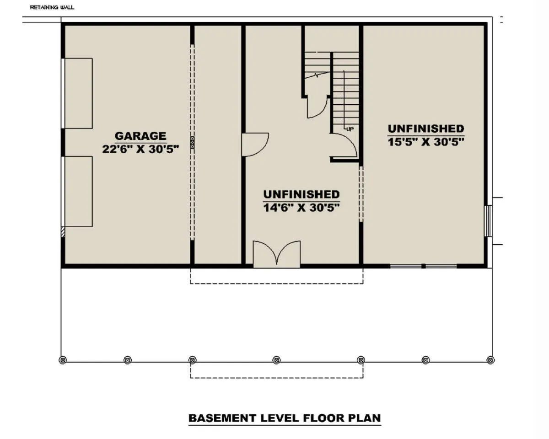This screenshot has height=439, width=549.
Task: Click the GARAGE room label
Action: click(140, 136)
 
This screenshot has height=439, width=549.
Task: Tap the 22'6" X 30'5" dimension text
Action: click(140, 149)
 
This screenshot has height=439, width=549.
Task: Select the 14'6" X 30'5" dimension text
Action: click(301, 208)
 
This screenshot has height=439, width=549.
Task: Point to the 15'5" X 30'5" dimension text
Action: click(426, 142)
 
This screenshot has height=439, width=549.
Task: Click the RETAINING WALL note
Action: click(52, 7)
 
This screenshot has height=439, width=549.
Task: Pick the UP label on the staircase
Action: click(350, 129)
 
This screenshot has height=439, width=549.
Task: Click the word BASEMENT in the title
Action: click(222, 418)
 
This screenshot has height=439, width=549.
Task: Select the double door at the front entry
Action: click(276, 254)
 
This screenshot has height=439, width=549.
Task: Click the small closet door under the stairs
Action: click(317, 107)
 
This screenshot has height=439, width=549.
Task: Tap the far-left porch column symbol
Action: click(63, 360)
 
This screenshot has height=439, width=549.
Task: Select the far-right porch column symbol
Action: click(490, 360)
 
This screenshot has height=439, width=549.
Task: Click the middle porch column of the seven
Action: click(276, 360)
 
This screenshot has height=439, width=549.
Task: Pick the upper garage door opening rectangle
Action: click(77, 93)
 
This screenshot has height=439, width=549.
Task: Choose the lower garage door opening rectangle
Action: click(77, 192)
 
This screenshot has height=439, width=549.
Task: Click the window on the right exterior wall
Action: click(488, 221)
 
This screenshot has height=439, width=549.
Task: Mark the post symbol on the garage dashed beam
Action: click(192, 142)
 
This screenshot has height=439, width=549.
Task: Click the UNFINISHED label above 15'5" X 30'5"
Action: click(426, 128)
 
